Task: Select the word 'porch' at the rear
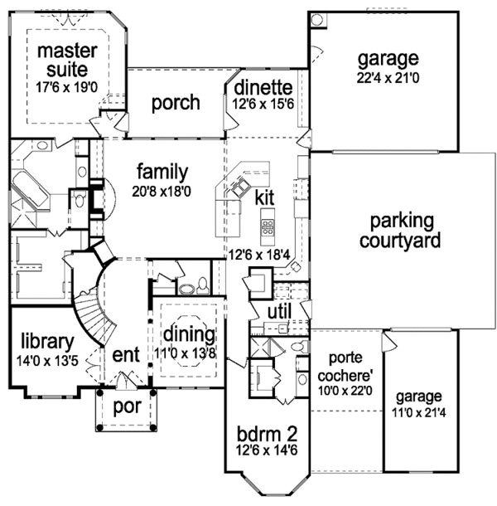[176, 103]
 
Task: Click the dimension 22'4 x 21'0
[388, 79]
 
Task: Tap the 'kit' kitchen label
[264, 198]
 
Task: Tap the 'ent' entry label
[125, 356]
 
